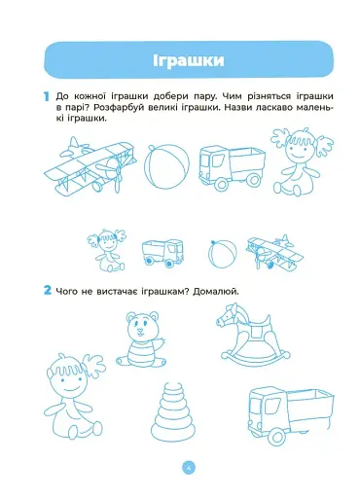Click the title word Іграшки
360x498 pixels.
[189, 60]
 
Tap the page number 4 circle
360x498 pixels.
[189, 468]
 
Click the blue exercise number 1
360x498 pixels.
[47, 96]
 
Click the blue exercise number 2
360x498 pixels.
[48, 290]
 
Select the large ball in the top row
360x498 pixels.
[166, 166]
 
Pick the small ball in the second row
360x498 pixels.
[222, 254]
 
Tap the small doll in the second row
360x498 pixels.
[107, 250]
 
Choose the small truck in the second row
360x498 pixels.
[162, 254]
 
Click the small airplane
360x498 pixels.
[274, 253]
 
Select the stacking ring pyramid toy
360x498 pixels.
[172, 413]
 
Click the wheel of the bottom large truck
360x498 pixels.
[276, 436]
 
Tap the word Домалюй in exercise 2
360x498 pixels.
[216, 292]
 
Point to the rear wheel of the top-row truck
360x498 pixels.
[254, 180]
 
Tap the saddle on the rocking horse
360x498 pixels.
[259, 329]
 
